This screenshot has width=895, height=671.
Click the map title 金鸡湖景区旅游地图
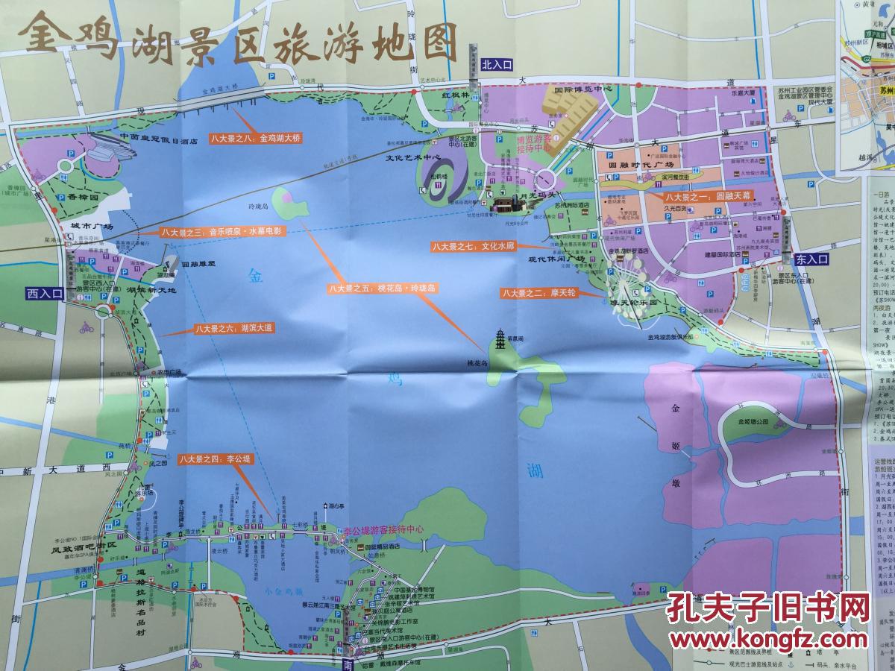click(x=239, y=39)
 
